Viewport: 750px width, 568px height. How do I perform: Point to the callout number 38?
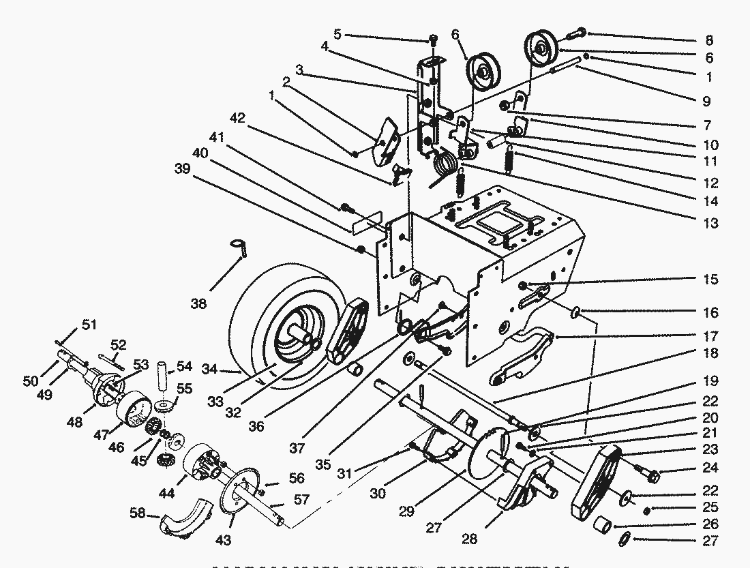click(x=198, y=304)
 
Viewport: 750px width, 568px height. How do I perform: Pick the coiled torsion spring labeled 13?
click(x=447, y=164)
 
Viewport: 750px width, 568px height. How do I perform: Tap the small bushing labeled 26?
click(x=601, y=524)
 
